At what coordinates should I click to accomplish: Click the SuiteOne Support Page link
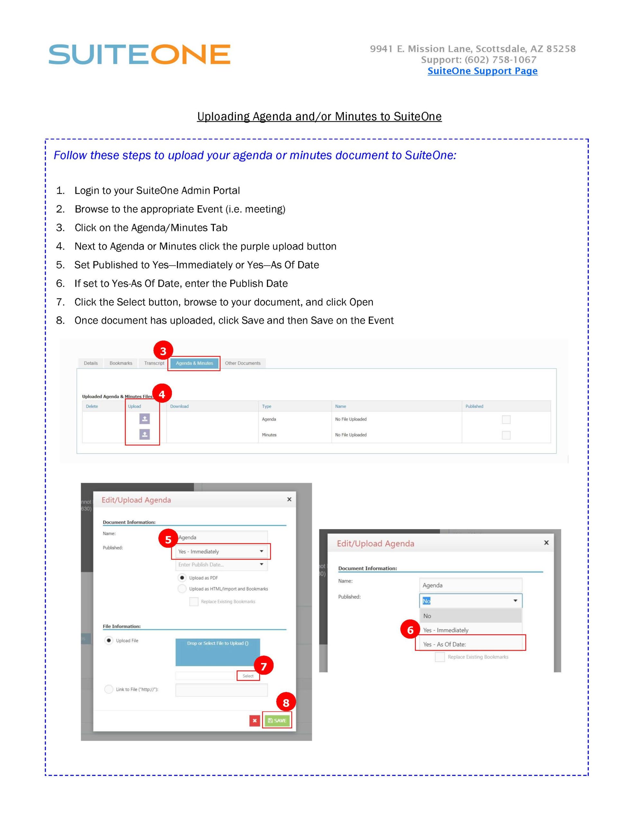tap(482, 71)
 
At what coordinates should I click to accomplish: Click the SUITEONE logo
tap(139, 54)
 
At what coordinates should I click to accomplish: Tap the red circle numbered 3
tap(163, 351)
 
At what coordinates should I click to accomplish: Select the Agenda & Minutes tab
tap(194, 363)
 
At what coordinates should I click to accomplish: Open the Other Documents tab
tap(242, 363)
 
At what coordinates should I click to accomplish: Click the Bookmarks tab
tap(121, 363)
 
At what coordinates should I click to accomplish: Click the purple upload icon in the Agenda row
tap(144, 419)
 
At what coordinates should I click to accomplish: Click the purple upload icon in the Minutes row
tap(144, 435)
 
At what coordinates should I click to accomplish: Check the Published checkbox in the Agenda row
tap(506, 419)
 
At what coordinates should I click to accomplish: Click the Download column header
tap(179, 406)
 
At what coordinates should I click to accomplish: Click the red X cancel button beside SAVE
tap(254, 721)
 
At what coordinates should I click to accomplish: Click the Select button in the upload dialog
tap(248, 676)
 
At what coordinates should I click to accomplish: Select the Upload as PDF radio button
tap(182, 578)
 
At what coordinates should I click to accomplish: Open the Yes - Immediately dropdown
tap(221, 552)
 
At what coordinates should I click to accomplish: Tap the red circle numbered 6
tap(410, 630)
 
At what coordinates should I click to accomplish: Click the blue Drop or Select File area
tap(218, 652)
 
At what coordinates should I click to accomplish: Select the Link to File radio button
tap(109, 689)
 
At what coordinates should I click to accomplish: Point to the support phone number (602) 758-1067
tap(500, 60)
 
